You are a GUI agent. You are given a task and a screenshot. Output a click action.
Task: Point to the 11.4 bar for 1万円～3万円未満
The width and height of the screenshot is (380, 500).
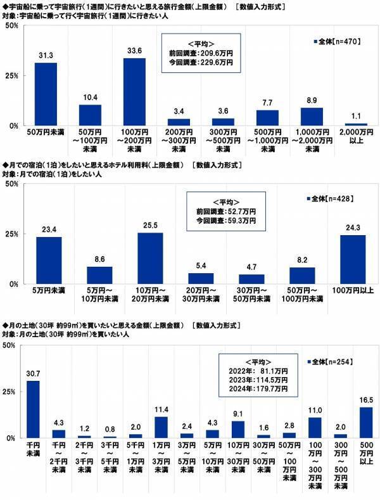coord(161,427)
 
